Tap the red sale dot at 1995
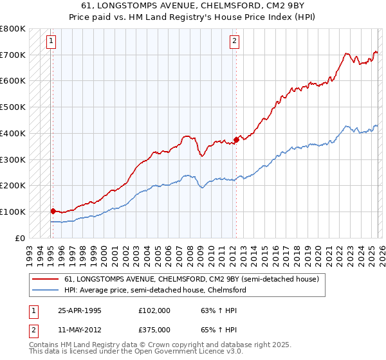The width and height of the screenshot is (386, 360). pyautogui.click(x=53, y=211)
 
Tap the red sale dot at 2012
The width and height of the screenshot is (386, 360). pyautogui.click(x=236, y=139)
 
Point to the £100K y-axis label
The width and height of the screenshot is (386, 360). pyautogui.click(x=13, y=212)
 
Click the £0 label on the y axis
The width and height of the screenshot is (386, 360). pyautogui.click(x=20, y=238)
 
